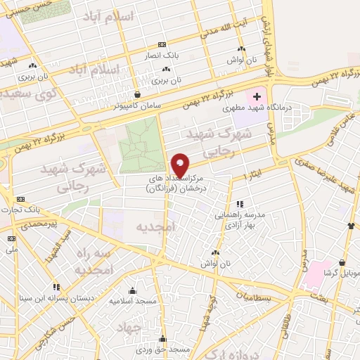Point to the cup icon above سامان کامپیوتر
pos(137,94)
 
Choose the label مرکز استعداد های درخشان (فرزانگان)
pos(176,185)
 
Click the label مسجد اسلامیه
pos(132,300)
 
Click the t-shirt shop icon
pos(350,226)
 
